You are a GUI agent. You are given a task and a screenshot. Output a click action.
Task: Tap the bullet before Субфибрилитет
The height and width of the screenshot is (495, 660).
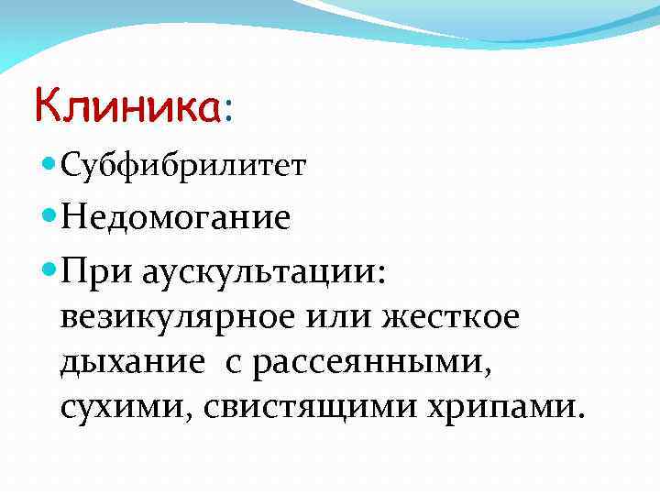49,166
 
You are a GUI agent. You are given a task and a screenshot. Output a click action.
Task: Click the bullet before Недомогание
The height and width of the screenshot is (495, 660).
49,218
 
